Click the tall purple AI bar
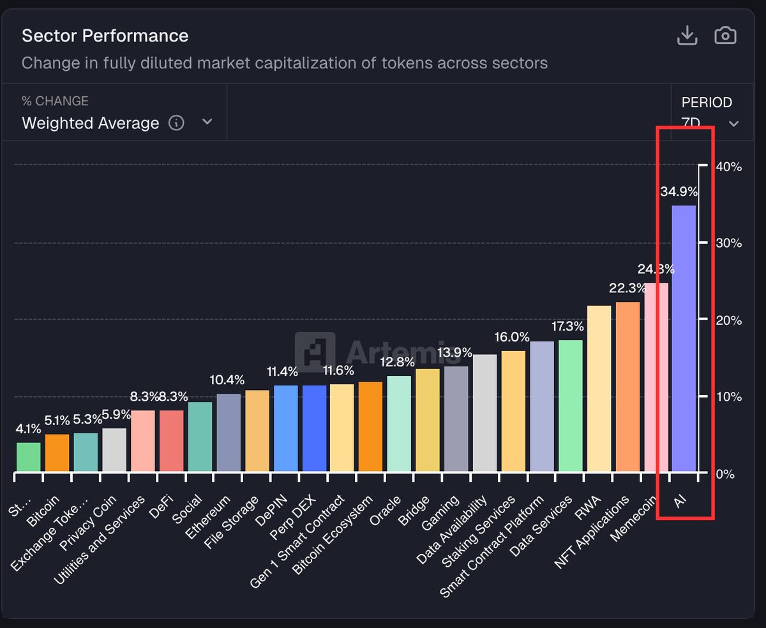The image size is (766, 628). click(x=684, y=338)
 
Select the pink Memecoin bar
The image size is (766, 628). click(x=656, y=377)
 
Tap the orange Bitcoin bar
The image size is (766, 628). click(x=57, y=453)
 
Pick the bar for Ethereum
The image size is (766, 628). click(x=229, y=433)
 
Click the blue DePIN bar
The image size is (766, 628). click(x=285, y=428)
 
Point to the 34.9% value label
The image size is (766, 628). click(x=679, y=191)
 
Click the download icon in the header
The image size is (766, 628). click(x=687, y=36)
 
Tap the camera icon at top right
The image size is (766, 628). click(x=725, y=36)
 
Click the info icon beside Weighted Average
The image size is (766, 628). click(x=176, y=123)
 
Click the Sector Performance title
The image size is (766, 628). click(x=105, y=36)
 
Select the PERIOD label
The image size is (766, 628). click(x=707, y=102)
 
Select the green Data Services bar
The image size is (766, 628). click(x=570, y=406)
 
